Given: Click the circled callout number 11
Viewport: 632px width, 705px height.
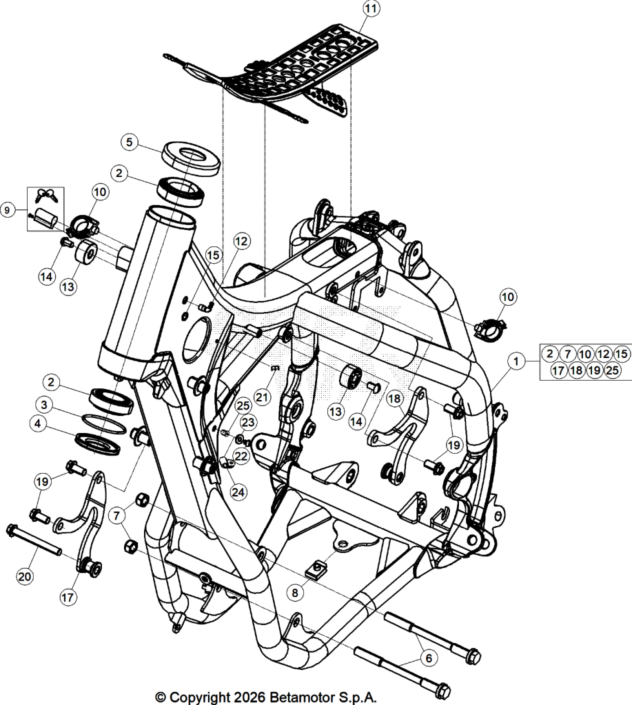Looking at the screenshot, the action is (371, 9).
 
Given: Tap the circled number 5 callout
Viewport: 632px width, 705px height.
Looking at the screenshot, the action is (130, 143).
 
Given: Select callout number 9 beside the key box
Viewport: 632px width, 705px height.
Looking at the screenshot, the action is (7, 210).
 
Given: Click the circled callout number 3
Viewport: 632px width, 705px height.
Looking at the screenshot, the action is (44, 405).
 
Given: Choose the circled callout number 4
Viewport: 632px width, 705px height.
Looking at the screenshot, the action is (38, 424).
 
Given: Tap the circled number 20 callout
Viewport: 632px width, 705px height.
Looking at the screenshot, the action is (26, 576).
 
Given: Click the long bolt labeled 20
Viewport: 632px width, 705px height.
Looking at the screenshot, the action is (34, 540).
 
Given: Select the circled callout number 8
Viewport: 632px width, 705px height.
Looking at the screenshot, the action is (295, 593).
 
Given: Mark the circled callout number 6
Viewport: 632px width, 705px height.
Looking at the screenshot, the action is (429, 658).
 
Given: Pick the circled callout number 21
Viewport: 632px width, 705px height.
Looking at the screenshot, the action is (262, 397).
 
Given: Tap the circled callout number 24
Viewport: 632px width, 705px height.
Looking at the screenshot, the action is (238, 492).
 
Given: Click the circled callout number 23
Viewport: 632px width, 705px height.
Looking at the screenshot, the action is (248, 422).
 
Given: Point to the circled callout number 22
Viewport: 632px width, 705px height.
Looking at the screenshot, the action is (241, 456).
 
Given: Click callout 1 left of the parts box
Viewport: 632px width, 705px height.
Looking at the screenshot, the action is (516, 361).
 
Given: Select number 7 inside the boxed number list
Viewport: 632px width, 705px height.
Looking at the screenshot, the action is (568, 354).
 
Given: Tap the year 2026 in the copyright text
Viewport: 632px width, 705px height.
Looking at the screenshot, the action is (249, 697).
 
